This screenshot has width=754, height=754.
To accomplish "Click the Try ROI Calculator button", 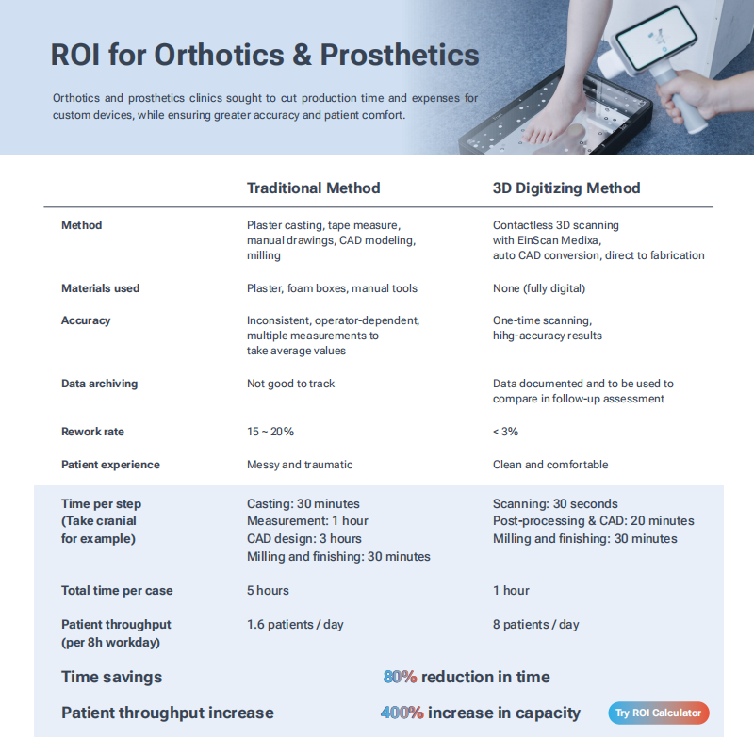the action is [658, 713].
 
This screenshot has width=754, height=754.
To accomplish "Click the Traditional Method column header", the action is [314, 188].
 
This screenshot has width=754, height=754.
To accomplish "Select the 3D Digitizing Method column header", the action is [566, 188].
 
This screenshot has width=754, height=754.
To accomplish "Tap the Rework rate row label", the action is [92, 432].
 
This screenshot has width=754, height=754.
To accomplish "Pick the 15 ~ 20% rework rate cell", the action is [270, 432].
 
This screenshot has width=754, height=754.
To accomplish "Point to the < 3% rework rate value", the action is [505, 432].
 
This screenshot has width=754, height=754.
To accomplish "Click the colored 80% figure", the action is [400, 677].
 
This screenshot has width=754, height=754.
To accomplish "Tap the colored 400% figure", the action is [402, 713].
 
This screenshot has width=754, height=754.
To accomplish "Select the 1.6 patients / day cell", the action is [295, 625].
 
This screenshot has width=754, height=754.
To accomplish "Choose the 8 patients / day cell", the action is [536, 625].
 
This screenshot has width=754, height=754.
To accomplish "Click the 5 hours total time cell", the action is [268, 591].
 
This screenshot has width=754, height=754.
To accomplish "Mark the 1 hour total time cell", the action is [511, 591].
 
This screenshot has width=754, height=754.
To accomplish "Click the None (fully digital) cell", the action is [539, 288].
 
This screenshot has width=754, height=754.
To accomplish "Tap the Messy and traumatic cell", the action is [300, 465].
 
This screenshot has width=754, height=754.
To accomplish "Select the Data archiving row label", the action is [100, 384].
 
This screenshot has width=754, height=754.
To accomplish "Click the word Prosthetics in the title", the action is [400, 55].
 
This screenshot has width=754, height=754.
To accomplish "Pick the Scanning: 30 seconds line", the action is [555, 504].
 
